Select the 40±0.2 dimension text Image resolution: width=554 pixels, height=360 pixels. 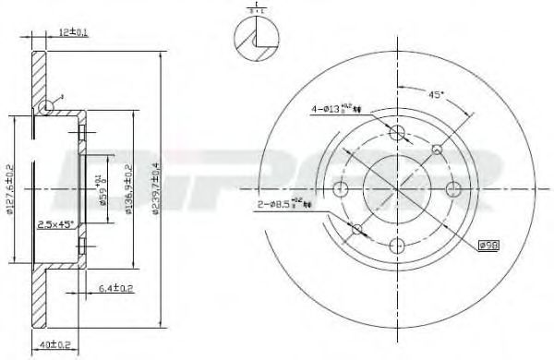pos(55,346)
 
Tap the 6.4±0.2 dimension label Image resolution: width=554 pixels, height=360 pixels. pos(114,290)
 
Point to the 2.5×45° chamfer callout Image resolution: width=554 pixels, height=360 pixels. pos(56,224)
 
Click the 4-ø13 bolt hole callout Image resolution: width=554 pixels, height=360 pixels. pos(338,109)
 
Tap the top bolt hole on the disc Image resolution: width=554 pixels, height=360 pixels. pos(397,133)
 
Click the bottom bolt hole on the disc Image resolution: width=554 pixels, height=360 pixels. pos(397,245)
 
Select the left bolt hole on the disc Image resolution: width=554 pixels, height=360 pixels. pos(341,189)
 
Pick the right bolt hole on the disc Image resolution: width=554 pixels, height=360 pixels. pos(453,189)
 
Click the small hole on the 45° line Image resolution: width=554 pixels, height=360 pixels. pos(437,150)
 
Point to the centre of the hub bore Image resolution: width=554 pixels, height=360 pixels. pos(397,189)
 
